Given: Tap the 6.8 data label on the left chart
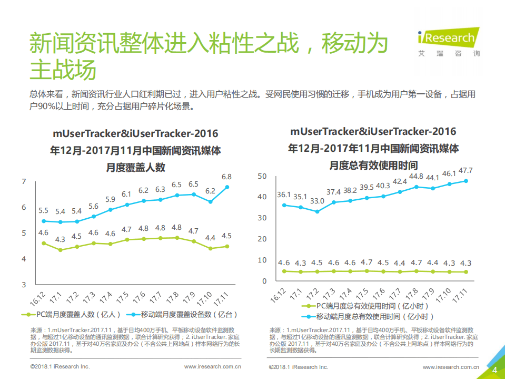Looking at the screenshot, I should (x=226, y=177).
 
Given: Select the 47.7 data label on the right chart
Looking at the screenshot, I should (x=466, y=170).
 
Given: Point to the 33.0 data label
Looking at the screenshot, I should (x=316, y=201).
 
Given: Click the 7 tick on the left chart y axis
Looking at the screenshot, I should (x=23, y=182).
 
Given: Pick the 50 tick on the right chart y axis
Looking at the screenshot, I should (x=262, y=176).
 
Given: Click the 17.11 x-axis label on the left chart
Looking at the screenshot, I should (x=223, y=297).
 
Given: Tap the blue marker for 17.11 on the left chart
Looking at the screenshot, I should (x=227, y=187).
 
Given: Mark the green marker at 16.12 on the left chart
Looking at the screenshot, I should (x=44, y=243).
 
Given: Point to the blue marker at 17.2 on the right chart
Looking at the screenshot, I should (x=317, y=211).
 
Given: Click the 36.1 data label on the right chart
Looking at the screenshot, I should (x=284, y=195).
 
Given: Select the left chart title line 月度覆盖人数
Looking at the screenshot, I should (x=136, y=168).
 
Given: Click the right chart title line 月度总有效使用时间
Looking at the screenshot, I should (x=373, y=165).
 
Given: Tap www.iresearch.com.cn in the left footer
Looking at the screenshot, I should (x=213, y=366).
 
